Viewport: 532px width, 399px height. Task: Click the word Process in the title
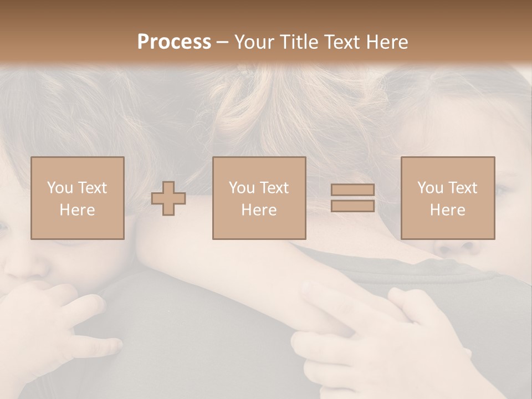coord(174,42)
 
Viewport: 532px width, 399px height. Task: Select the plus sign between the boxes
coord(168,198)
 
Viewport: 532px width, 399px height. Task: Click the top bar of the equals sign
coord(352,190)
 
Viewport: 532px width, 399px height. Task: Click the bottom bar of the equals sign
coord(352,206)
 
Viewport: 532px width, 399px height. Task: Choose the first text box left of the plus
coord(78,198)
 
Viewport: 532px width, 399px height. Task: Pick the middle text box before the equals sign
coord(259,198)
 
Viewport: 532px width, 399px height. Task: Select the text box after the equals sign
coord(447,198)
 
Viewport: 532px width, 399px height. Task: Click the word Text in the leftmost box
coord(93,188)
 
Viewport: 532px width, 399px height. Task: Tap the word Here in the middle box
coord(259,210)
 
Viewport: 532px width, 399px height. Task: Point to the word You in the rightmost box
coord(430,188)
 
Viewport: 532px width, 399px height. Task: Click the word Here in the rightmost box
coord(447,210)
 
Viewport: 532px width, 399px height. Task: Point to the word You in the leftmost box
coord(60,188)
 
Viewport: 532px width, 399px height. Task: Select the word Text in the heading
coord(341,42)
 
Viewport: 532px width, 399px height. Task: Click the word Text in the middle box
coord(274,188)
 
